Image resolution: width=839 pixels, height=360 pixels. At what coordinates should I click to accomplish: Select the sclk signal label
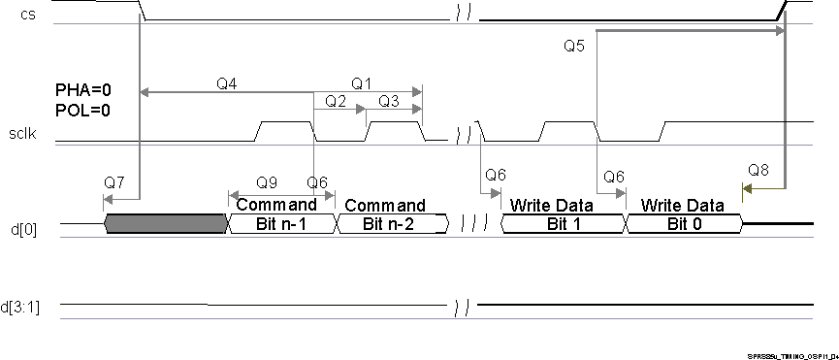tap(21, 135)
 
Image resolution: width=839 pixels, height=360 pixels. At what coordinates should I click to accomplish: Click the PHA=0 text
tap(82, 90)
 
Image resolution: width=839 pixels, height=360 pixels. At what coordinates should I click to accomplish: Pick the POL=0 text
tap(82, 110)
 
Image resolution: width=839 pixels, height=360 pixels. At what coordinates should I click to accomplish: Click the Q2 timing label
tap(336, 101)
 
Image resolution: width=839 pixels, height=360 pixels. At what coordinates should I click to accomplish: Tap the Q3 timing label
tap(389, 101)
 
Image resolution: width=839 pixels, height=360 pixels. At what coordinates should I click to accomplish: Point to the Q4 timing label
tap(227, 83)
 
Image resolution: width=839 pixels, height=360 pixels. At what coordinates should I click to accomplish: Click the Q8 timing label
tap(758, 171)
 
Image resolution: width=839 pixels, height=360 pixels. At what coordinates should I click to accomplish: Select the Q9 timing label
tap(267, 182)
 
